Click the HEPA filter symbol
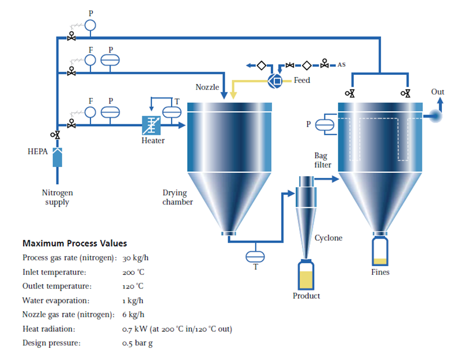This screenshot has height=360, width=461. click(x=57, y=157)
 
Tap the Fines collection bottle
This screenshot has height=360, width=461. click(x=380, y=252)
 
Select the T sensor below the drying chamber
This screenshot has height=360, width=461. click(x=254, y=255)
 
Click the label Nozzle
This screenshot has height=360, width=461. click(x=207, y=87)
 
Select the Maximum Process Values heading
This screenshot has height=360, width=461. click(x=75, y=243)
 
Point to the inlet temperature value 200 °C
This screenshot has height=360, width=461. click(x=133, y=272)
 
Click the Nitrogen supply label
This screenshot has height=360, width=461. click(x=57, y=198)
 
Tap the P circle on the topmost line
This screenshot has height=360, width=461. click(x=90, y=25)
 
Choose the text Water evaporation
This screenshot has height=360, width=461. click(x=56, y=300)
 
